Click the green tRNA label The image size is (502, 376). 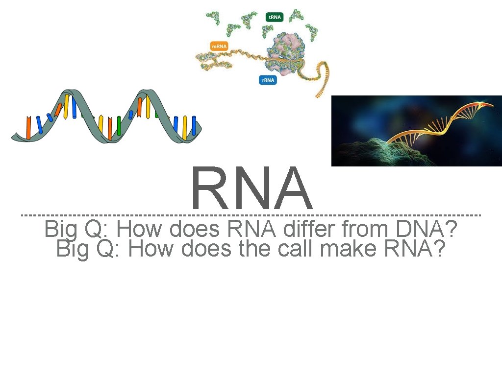[x=275, y=17]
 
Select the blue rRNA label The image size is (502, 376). [x=268, y=79]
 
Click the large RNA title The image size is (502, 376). [x=252, y=189]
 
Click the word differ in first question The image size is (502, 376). [x=308, y=229]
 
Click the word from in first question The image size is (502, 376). [x=359, y=229]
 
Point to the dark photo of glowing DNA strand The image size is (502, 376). [x=417, y=131]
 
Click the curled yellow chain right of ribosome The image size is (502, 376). [x=324, y=78]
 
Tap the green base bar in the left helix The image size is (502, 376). [x=119, y=125]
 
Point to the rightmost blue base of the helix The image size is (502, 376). [x=194, y=127]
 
